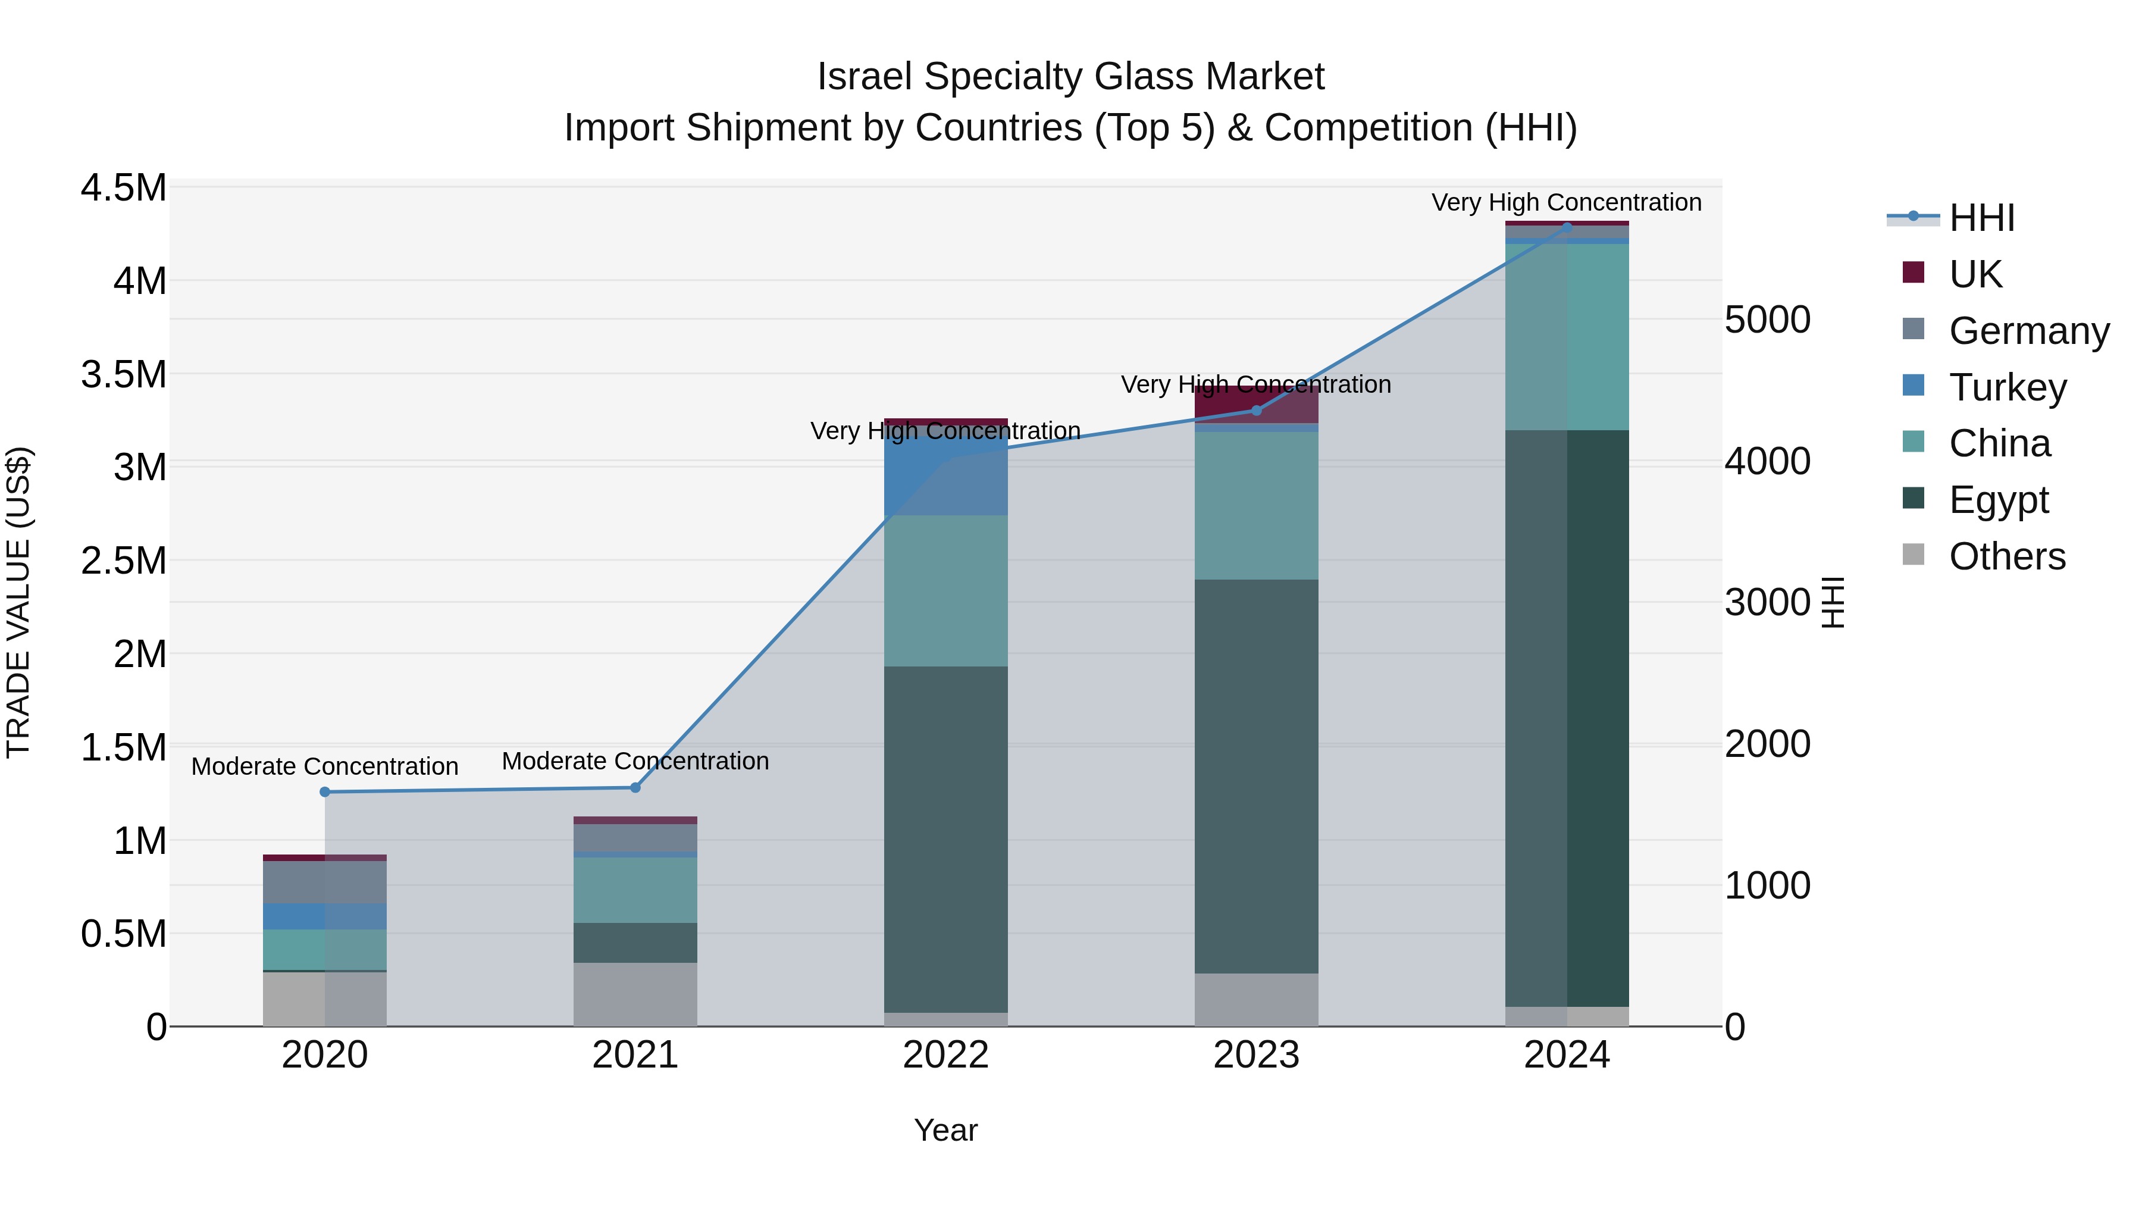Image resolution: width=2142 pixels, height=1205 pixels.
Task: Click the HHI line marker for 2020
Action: tap(325, 791)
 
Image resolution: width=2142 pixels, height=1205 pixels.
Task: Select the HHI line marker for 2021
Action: tap(635, 787)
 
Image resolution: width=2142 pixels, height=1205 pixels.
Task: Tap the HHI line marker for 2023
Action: tap(1257, 410)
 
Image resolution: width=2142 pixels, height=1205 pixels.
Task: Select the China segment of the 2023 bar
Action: tap(1257, 505)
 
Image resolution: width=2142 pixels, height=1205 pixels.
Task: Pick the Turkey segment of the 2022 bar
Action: tap(945, 471)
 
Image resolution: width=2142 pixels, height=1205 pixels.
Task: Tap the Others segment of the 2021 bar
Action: tap(635, 994)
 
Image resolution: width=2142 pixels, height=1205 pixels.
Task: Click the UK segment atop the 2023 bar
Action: tap(1257, 406)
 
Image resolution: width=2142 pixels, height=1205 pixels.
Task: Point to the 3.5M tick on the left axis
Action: tap(123, 374)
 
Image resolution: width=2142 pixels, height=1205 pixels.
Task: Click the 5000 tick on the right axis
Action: tap(1767, 320)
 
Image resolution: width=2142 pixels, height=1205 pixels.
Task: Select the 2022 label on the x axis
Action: tap(945, 1054)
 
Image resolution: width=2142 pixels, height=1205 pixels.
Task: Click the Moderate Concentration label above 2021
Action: tap(635, 761)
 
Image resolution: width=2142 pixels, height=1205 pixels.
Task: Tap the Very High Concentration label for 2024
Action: tap(1566, 202)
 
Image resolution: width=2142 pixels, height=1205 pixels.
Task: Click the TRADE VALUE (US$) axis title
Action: tap(18, 602)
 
